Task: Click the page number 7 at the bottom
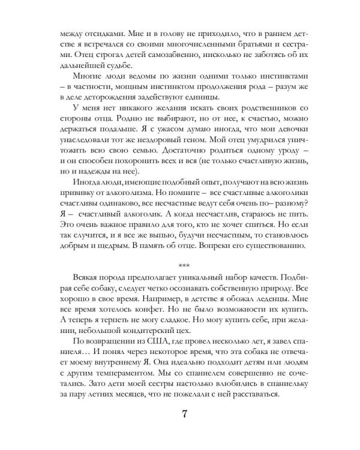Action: tap(180, 415)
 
